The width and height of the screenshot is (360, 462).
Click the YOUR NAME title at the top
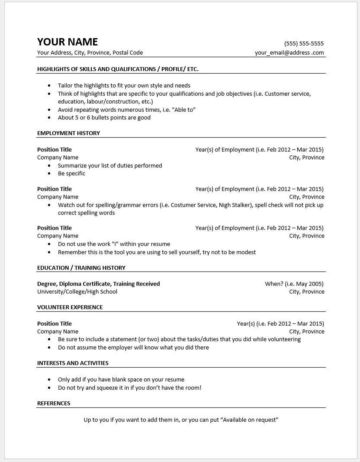(67, 42)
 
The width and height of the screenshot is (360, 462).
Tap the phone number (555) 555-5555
(304, 43)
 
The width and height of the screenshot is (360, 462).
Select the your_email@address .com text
(289, 52)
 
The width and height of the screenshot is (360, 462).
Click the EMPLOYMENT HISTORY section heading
(68, 133)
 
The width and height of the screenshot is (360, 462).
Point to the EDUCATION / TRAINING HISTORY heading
(81, 268)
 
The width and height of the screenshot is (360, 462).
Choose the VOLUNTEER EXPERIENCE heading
(70, 307)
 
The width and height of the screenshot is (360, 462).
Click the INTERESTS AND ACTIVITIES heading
(73, 363)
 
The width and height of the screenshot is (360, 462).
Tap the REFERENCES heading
(54, 403)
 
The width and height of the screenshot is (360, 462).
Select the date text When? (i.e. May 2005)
(294, 284)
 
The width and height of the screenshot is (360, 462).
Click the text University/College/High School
(77, 292)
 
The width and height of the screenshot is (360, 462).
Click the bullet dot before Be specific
(50, 173)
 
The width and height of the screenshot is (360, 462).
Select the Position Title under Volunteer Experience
(54, 324)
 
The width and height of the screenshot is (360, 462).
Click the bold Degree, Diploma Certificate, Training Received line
(98, 284)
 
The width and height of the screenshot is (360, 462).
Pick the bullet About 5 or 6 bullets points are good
(104, 117)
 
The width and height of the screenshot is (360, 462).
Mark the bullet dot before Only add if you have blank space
(50, 380)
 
